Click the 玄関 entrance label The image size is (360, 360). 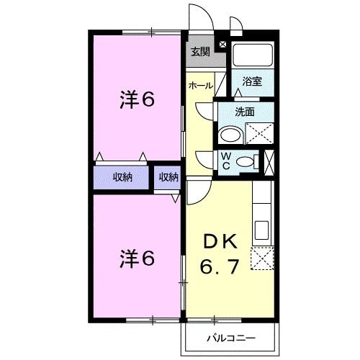point(201,51)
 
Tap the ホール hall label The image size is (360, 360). point(200,86)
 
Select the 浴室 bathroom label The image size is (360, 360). point(252,81)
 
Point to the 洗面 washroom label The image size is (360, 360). point(245,112)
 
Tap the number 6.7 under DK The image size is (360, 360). point(220,269)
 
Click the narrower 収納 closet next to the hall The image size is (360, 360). point(168,177)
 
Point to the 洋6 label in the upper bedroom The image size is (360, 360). point(137,101)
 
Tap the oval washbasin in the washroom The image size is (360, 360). point(230,135)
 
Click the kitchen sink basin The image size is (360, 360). point(261,230)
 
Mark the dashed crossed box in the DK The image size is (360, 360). point(262,258)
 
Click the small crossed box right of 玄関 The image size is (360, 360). point(222,45)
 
